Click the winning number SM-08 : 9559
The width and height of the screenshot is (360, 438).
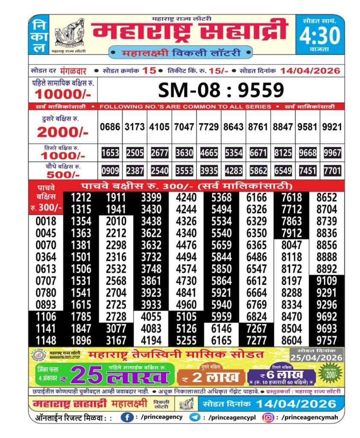pos(221,90)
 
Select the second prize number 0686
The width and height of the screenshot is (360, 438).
pos(110,127)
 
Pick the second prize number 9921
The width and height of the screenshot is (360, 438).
pos(332,127)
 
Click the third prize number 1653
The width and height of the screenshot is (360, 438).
pos(110,153)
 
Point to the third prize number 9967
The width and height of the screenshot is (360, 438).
pos(332,153)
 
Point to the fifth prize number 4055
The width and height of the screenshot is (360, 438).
pos(152,317)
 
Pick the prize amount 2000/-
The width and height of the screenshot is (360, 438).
pos(63,133)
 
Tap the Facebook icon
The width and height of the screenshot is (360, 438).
pos(126,417)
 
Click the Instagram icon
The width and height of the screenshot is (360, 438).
pos(268,417)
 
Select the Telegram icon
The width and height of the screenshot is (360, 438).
pos(195,417)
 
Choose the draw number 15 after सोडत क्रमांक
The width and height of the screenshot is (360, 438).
pos(149,71)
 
